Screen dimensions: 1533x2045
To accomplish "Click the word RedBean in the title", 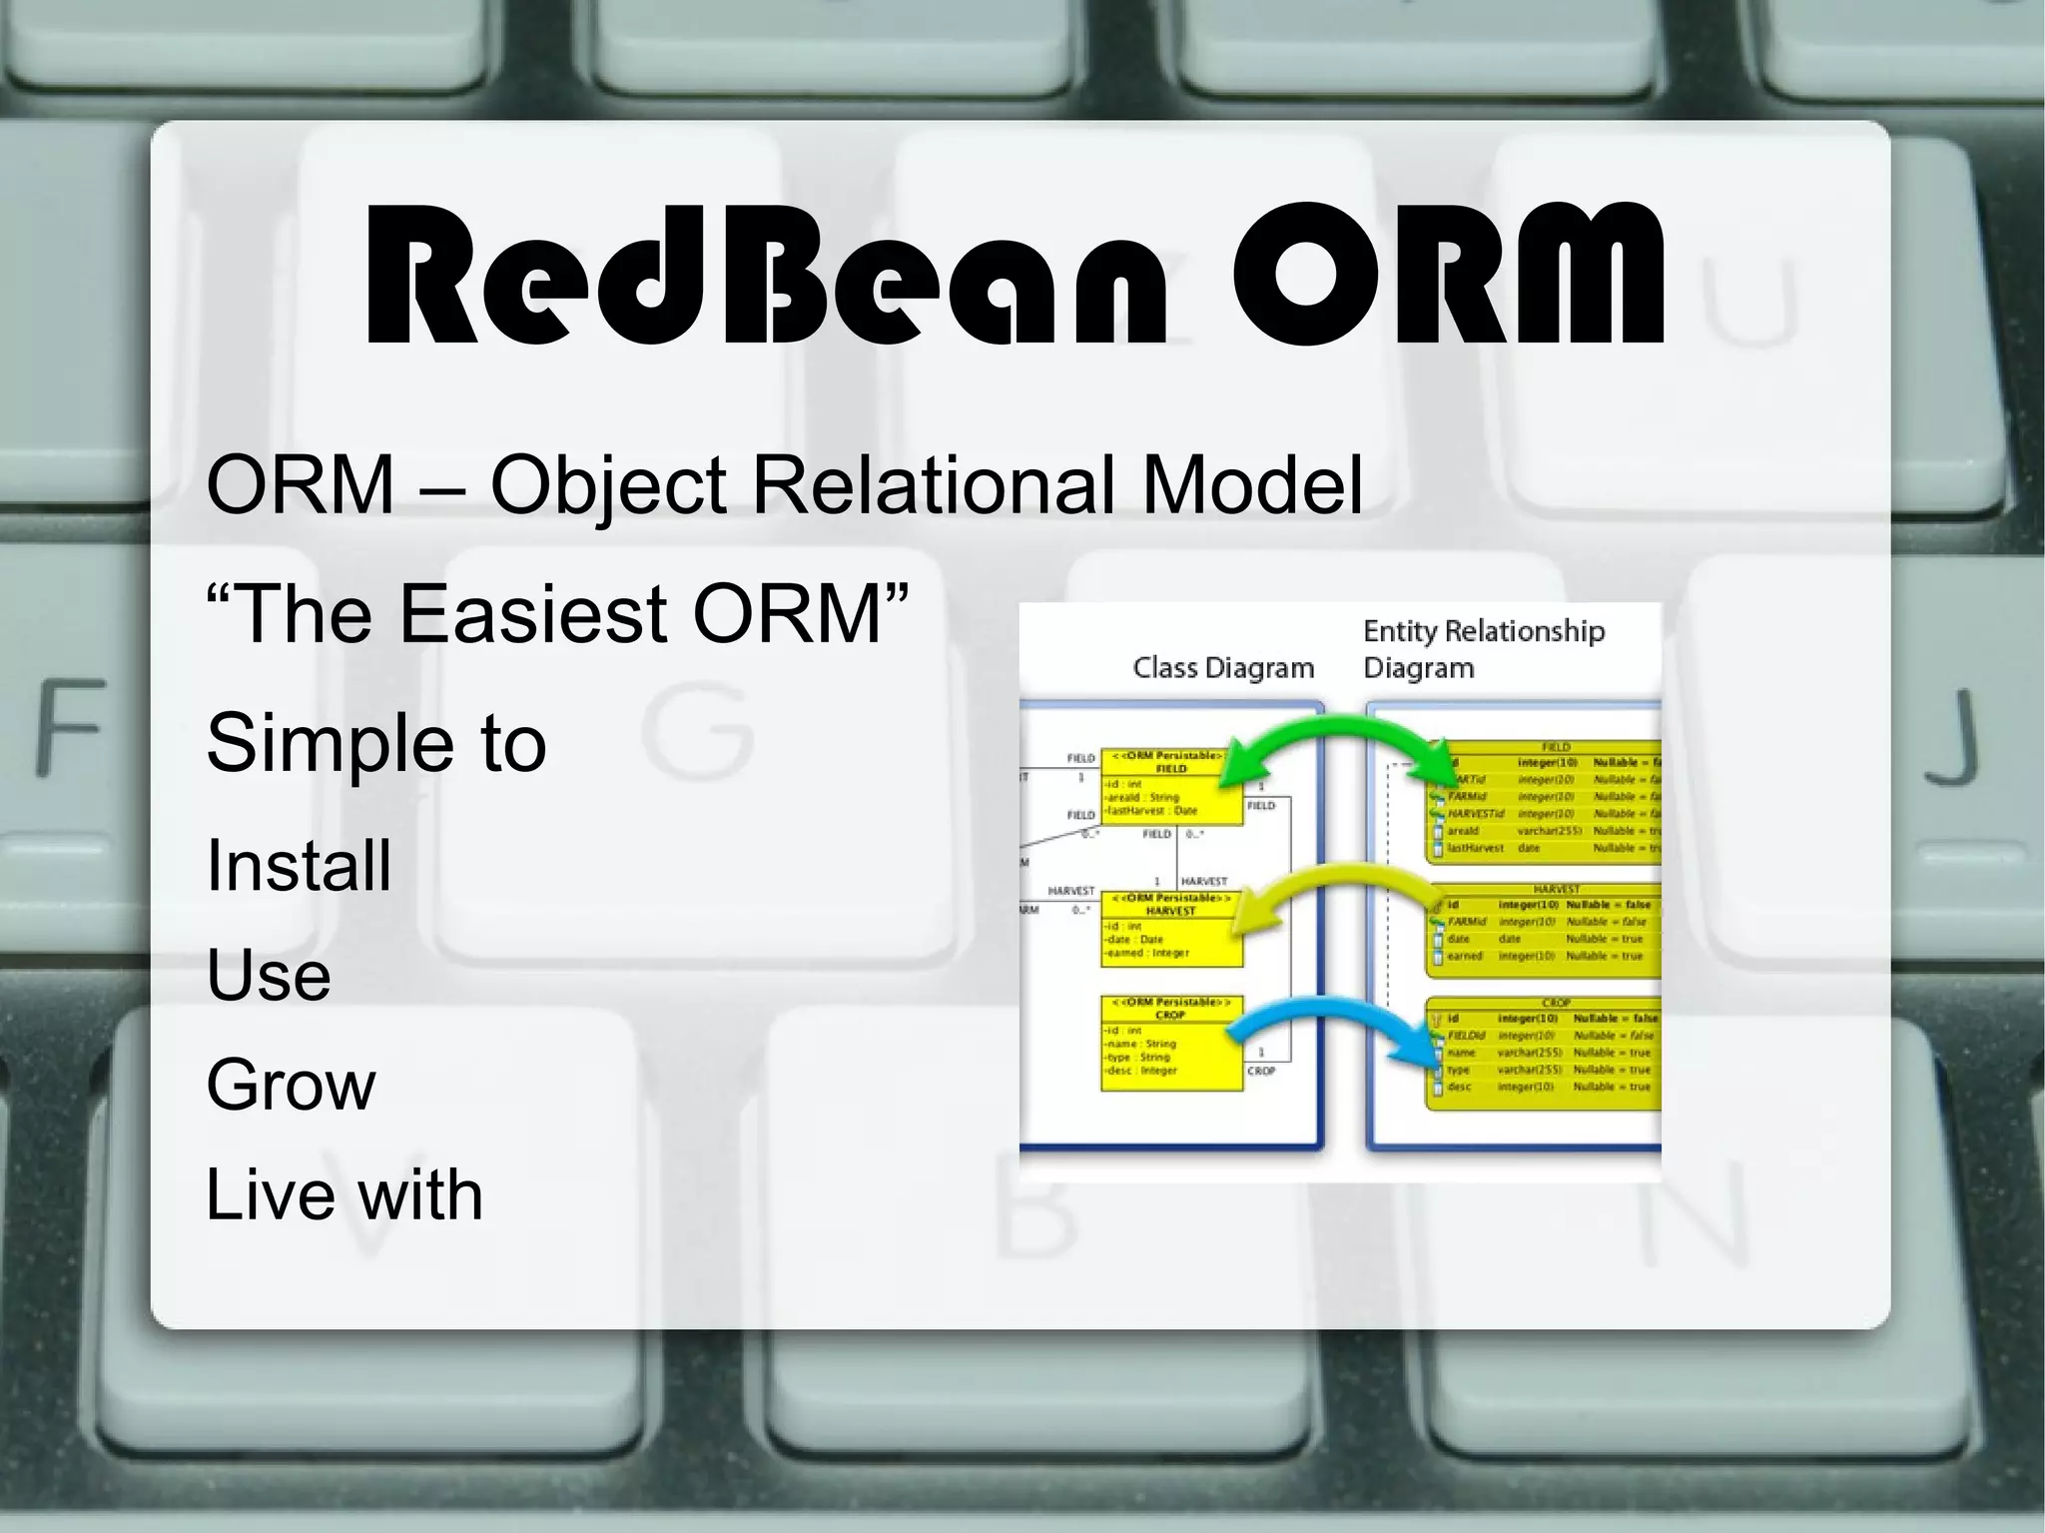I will [x=764, y=275].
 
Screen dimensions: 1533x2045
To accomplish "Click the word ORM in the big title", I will [x=1446, y=275].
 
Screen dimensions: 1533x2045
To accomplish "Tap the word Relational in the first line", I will [x=933, y=485].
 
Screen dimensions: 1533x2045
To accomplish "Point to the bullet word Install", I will [x=299, y=865].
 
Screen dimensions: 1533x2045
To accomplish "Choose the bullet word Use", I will [x=268, y=975].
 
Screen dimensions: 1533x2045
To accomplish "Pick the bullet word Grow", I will [x=291, y=1085].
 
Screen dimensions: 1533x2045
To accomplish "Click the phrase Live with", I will [x=343, y=1194].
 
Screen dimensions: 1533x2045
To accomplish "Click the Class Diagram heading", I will [x=1222, y=667].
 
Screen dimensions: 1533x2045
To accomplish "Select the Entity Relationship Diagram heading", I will [x=1482, y=648].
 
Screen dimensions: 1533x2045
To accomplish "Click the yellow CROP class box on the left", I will [x=1171, y=1044].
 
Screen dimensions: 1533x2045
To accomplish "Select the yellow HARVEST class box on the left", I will [x=1171, y=930].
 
